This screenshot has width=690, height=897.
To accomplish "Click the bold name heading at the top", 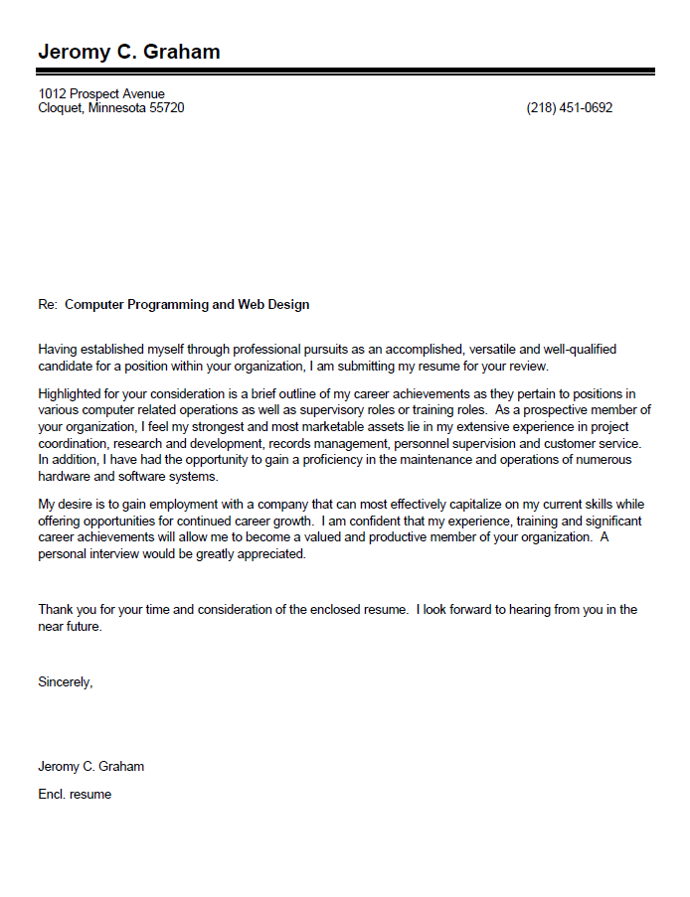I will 129,52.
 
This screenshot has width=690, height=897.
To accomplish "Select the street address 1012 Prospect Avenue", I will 101,94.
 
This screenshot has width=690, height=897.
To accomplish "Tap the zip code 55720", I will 166,108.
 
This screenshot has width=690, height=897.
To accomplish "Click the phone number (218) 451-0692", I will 569,108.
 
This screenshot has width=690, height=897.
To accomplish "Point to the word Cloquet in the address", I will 60,108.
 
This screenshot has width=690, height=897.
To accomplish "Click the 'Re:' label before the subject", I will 48,305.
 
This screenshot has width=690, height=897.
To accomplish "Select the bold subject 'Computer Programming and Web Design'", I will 187,305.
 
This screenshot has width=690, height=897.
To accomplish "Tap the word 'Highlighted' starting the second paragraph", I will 72,395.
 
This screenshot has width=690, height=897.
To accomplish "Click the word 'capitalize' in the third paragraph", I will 455,505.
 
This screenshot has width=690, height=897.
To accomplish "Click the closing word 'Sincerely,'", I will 66,682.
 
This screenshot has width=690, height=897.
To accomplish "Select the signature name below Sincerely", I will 91,767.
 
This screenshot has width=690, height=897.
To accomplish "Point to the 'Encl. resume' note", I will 75,795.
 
